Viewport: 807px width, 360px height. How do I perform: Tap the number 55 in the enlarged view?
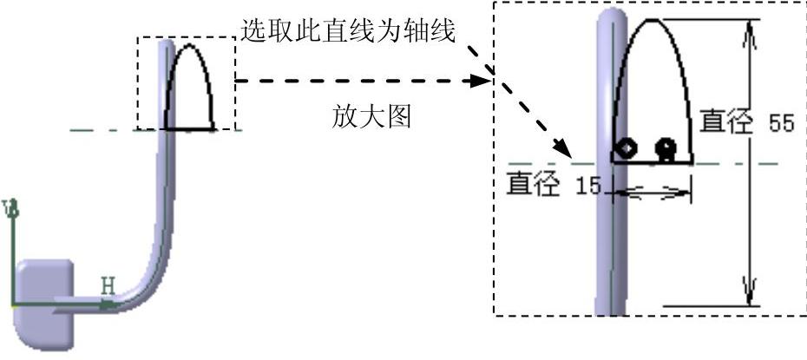click(782, 123)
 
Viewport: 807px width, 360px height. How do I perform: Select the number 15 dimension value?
click(587, 186)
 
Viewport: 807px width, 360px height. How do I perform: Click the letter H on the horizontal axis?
click(108, 285)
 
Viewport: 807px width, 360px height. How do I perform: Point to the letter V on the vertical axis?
click(11, 209)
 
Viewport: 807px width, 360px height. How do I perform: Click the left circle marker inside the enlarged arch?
click(625, 148)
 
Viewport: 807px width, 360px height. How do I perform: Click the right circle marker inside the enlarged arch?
click(666, 148)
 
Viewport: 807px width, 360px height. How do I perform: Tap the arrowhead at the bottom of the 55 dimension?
click(751, 291)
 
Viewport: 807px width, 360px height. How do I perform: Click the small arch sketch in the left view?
click(191, 87)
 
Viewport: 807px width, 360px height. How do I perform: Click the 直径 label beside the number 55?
click(725, 121)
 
